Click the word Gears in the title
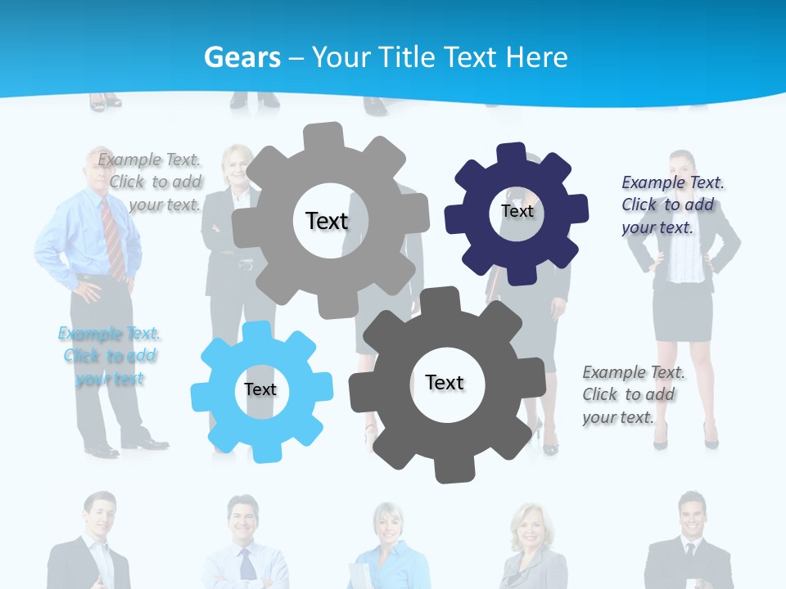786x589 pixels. (242, 57)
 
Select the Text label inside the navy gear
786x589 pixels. (517, 211)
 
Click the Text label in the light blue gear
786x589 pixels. (260, 389)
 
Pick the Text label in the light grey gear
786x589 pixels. (327, 221)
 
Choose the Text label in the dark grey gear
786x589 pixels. (445, 382)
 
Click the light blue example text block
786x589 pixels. (109, 356)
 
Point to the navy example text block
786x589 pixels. (671, 205)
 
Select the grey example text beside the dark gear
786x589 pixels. (633, 394)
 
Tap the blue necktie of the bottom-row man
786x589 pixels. (246, 564)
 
